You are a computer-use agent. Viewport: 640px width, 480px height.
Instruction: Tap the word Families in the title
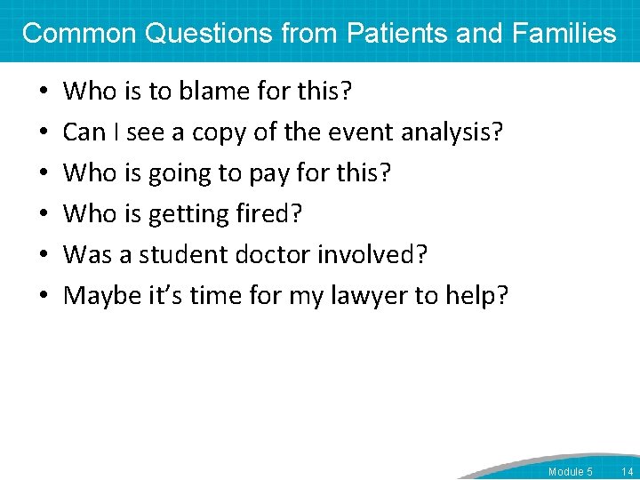(x=564, y=34)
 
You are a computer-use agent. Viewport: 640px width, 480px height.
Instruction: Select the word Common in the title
(x=78, y=34)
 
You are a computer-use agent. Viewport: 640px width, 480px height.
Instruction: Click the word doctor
(x=276, y=254)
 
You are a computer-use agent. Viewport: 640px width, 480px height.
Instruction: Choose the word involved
(x=376, y=254)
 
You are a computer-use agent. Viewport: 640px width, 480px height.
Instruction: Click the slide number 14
(x=628, y=471)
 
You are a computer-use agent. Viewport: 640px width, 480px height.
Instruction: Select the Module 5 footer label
(x=570, y=471)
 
